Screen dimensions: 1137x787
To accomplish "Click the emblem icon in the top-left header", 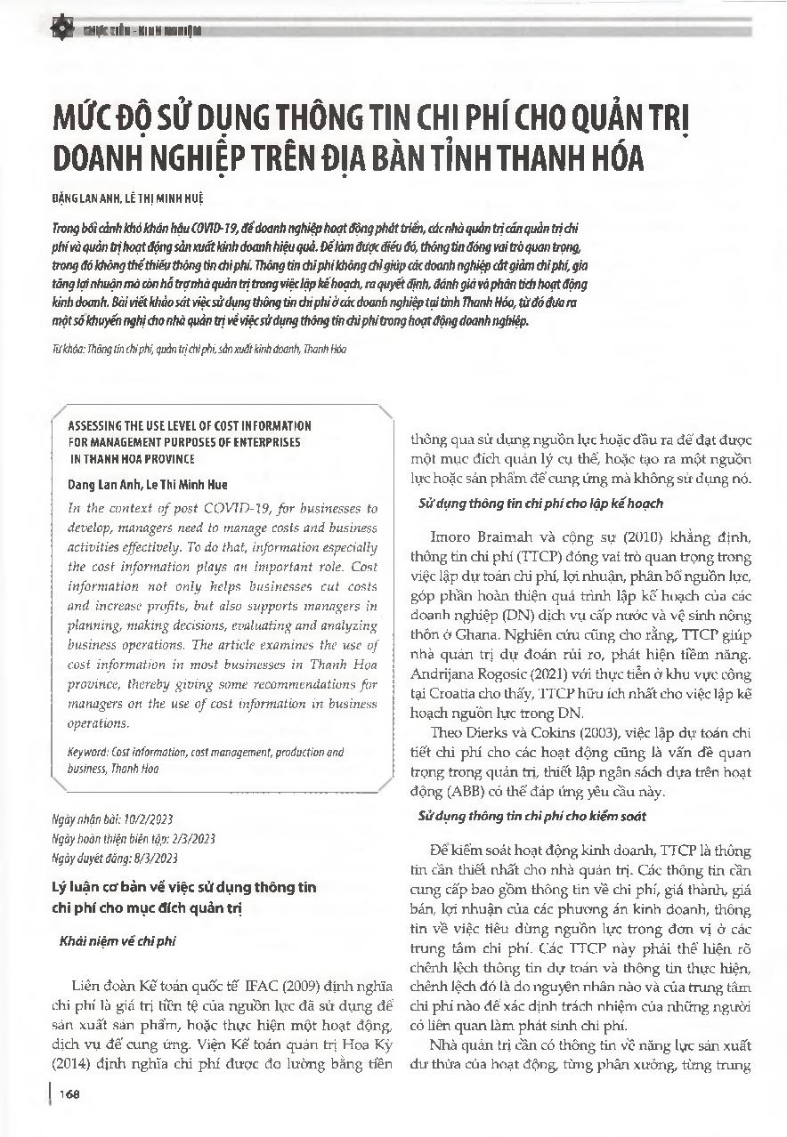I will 63,28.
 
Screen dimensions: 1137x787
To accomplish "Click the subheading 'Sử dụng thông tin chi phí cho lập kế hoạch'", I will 540,504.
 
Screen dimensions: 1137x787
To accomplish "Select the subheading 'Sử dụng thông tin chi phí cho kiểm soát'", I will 532,815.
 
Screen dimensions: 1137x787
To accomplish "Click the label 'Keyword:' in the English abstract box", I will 90,752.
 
